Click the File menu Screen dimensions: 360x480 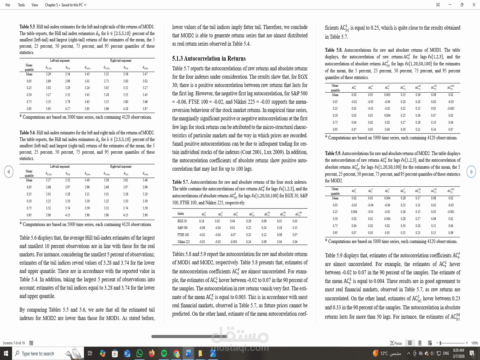pyautogui.click(x=8, y=5)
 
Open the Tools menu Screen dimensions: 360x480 pyautogui.click(x=21, y=5)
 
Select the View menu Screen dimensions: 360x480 pyautogui.click(x=35, y=5)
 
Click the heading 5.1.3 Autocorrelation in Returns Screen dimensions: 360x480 pyautogui.click(x=209, y=58)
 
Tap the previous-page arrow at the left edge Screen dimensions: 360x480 pyautogui.click(x=9, y=172)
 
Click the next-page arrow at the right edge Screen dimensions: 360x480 pyautogui.click(x=471, y=172)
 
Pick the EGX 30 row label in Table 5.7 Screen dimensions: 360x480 pyautogui.click(x=182, y=221)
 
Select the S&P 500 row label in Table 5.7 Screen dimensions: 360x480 pyautogui.click(x=182, y=228)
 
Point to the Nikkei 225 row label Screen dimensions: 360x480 pyautogui.click(x=184, y=241)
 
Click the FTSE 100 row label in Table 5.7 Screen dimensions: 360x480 pyautogui.click(x=183, y=235)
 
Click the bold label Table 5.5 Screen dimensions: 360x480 pyautogui.click(x=27, y=27)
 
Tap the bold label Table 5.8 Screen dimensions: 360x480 pyautogui.click(x=333, y=50)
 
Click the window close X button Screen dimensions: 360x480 pyautogui.click(x=474, y=5)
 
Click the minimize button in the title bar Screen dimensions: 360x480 pyautogui.click(x=450, y=5)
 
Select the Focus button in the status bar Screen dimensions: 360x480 pyautogui.click(x=396, y=343)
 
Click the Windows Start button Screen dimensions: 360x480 pyautogui.click(x=6, y=354)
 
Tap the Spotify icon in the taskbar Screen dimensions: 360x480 pyautogui.click(x=164, y=354)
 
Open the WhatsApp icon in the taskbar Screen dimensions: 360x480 pyautogui.click(x=139, y=354)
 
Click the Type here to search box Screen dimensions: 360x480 pyautogui.click(x=38, y=354)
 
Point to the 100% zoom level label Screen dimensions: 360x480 pyautogui.click(x=474, y=343)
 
